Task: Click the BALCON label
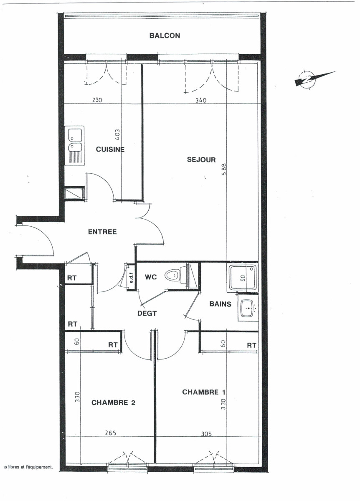click(x=165, y=36)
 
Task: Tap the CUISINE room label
click(x=110, y=149)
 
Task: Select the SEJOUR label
click(x=201, y=159)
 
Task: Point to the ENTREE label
click(x=102, y=232)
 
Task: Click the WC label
click(x=151, y=277)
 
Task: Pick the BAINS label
click(x=220, y=304)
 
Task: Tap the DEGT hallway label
click(x=147, y=313)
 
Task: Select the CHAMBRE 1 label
click(x=204, y=392)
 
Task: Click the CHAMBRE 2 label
click(x=113, y=403)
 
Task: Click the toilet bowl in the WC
click(x=173, y=276)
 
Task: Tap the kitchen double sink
click(x=76, y=144)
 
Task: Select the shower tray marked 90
click(x=242, y=277)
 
